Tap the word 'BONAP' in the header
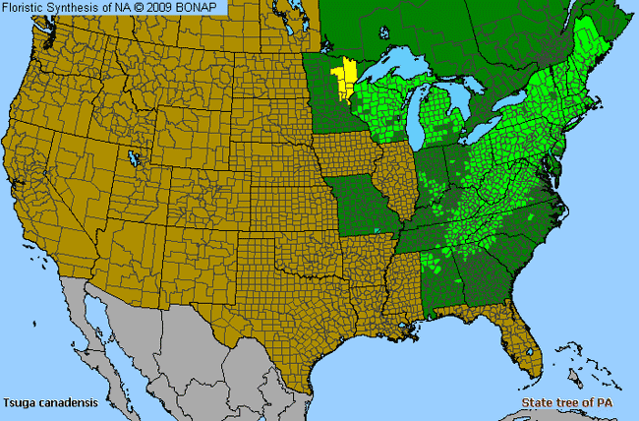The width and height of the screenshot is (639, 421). click(x=203, y=8)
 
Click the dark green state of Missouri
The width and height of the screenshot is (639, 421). click(x=366, y=207)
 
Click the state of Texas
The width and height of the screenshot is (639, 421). click(x=275, y=295)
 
